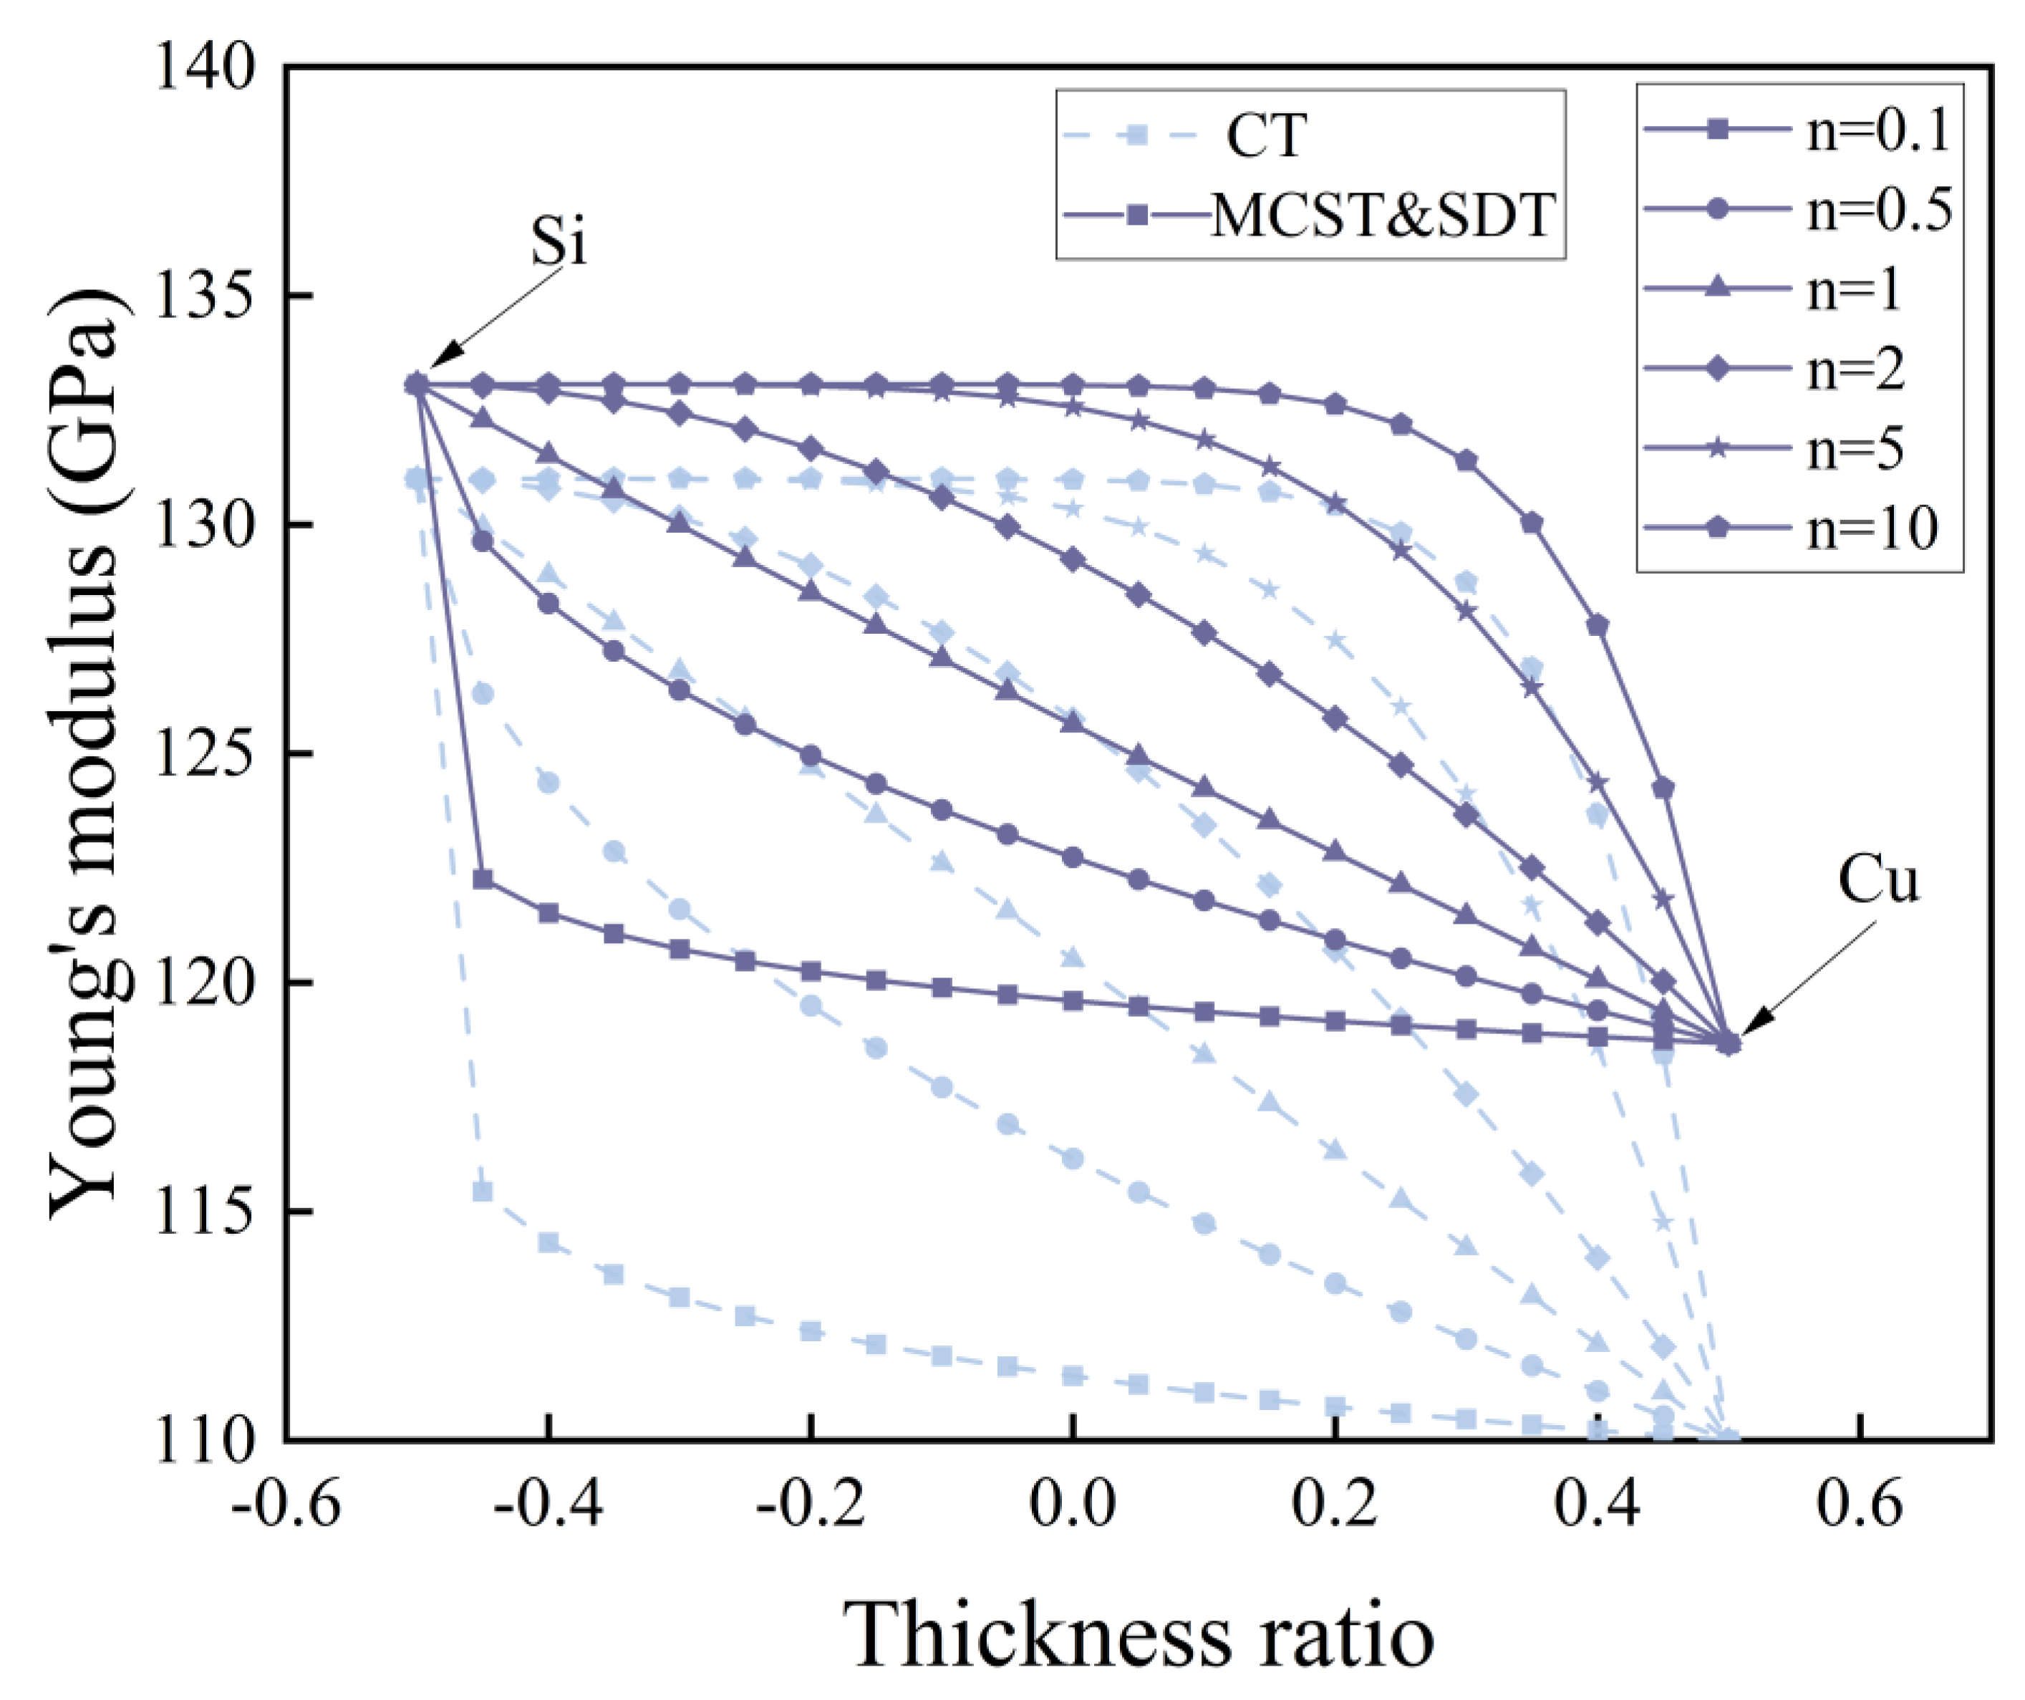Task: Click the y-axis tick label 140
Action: (x=204, y=69)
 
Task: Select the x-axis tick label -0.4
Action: (x=548, y=1505)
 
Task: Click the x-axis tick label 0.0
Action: (x=1072, y=1505)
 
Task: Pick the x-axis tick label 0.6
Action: (x=1859, y=1505)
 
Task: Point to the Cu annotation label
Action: (x=1877, y=880)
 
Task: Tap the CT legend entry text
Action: (x=1266, y=135)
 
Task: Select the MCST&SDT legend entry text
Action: (x=1383, y=214)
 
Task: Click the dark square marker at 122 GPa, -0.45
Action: (x=483, y=879)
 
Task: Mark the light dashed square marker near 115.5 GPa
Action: (x=483, y=1192)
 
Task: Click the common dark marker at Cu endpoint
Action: (x=1729, y=1043)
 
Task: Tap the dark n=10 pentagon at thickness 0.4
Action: (x=1598, y=625)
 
